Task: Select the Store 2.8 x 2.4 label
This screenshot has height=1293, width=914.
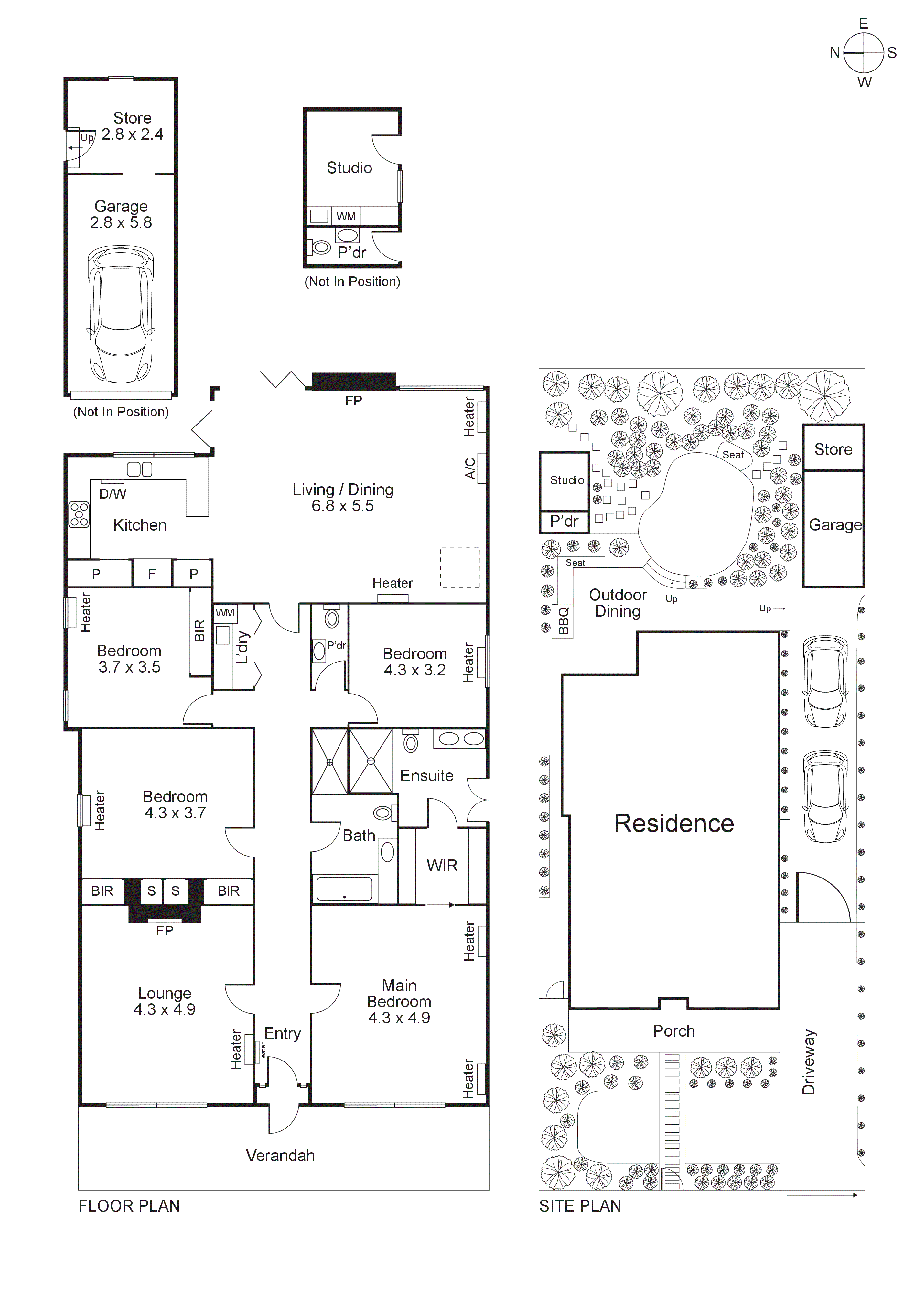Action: click(132, 126)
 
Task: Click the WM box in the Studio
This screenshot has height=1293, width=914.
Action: click(346, 216)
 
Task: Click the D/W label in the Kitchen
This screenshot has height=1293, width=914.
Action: click(113, 494)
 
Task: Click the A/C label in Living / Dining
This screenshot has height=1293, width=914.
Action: click(470, 468)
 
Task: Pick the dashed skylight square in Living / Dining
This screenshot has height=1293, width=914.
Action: click(459, 567)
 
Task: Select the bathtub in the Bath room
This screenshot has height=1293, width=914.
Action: click(344, 889)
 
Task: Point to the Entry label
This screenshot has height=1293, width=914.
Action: click(282, 1033)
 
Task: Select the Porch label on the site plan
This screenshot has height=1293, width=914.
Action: click(673, 1031)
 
